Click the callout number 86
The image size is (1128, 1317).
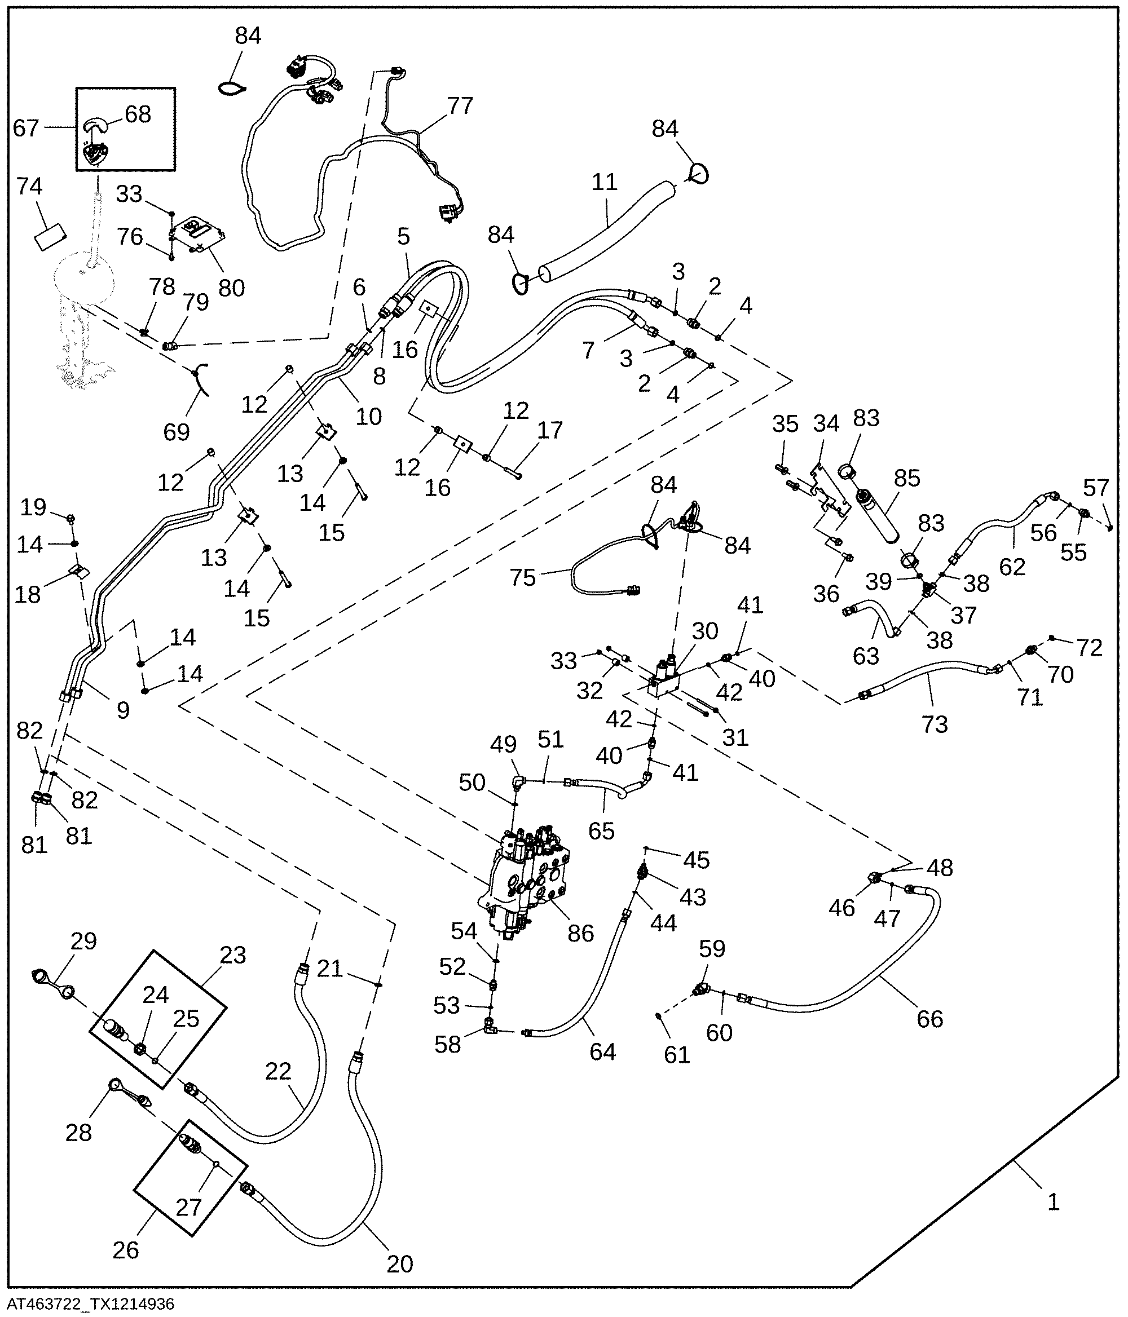point(580,933)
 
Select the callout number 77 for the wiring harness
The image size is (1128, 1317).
point(460,105)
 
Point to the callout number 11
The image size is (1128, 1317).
point(604,183)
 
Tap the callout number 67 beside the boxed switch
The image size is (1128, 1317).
point(25,129)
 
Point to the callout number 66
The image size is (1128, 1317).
point(929,1018)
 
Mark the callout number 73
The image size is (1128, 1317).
point(935,724)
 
